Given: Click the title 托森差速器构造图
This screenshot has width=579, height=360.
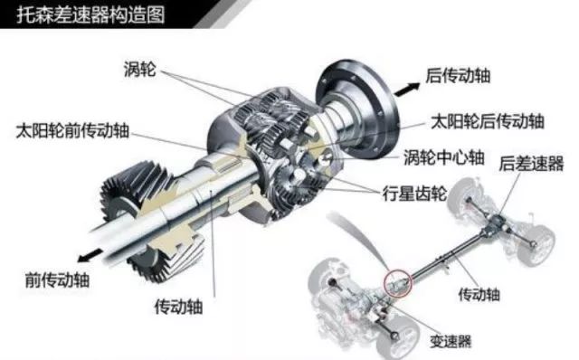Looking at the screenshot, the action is tap(90, 14).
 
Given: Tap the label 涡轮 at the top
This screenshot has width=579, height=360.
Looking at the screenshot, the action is tap(140, 69).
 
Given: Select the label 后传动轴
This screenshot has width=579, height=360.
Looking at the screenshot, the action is tap(458, 76).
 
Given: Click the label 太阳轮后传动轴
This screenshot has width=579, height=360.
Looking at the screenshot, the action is tap(488, 121).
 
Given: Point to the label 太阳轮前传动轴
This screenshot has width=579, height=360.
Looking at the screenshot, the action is tap(72, 131).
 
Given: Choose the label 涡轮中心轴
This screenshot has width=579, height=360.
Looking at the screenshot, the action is tap(444, 157).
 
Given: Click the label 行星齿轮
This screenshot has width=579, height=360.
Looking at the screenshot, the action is tap(414, 193).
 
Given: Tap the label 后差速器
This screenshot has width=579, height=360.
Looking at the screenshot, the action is tap(531, 163).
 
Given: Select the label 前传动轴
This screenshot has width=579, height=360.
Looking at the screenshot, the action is tap(57, 279).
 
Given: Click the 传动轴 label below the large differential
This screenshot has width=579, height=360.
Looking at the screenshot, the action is tap(179, 306).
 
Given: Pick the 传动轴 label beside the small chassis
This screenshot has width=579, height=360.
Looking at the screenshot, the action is tap(479, 294).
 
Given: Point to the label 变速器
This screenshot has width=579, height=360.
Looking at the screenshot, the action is tap(451, 341).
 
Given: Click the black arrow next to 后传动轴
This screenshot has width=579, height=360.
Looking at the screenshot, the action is tap(406, 90).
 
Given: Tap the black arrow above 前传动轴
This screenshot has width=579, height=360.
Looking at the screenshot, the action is tap(90, 255).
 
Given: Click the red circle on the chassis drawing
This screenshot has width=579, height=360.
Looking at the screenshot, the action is tap(397, 283).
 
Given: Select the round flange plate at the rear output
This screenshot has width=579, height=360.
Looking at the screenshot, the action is tap(357, 109).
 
